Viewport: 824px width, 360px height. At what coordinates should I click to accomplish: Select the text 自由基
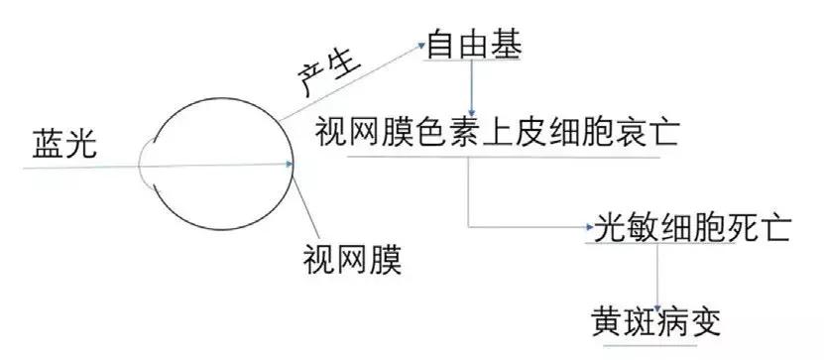point(473,44)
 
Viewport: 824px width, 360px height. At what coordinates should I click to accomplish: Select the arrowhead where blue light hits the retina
point(290,166)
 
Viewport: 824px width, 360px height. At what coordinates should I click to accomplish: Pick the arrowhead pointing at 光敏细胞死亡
point(588,229)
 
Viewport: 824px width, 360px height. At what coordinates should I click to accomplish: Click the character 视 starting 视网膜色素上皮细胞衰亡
point(331,129)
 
